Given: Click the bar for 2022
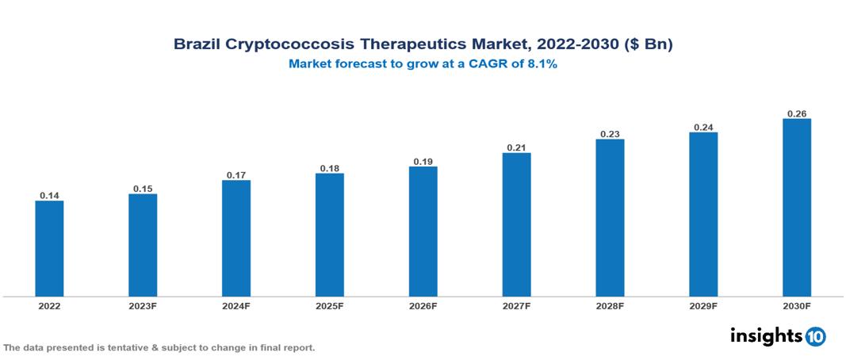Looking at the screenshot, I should pyautogui.click(x=49, y=248).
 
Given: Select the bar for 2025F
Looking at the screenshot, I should pyautogui.click(x=330, y=235).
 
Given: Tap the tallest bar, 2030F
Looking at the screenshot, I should pyautogui.click(x=797, y=208).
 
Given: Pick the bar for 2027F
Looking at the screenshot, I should pyautogui.click(x=516, y=224).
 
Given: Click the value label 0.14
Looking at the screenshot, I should pyautogui.click(x=49, y=195).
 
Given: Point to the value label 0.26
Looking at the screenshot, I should pyautogui.click(x=797, y=113).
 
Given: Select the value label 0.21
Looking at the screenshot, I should pyautogui.click(x=516, y=147).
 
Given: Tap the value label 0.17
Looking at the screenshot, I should pyautogui.click(x=236, y=174).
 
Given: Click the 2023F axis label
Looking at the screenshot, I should pyautogui.click(x=143, y=305).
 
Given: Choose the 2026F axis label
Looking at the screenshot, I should pyautogui.click(x=423, y=305).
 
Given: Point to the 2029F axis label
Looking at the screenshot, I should pyautogui.click(x=703, y=305).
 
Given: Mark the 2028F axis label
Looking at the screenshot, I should pyautogui.click(x=610, y=305).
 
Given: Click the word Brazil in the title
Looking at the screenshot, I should pyautogui.click(x=196, y=45).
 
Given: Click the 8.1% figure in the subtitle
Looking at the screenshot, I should pyautogui.click(x=542, y=65).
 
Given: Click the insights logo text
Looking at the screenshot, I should pyautogui.click(x=765, y=335).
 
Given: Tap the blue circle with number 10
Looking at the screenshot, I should pyautogui.click(x=816, y=337).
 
